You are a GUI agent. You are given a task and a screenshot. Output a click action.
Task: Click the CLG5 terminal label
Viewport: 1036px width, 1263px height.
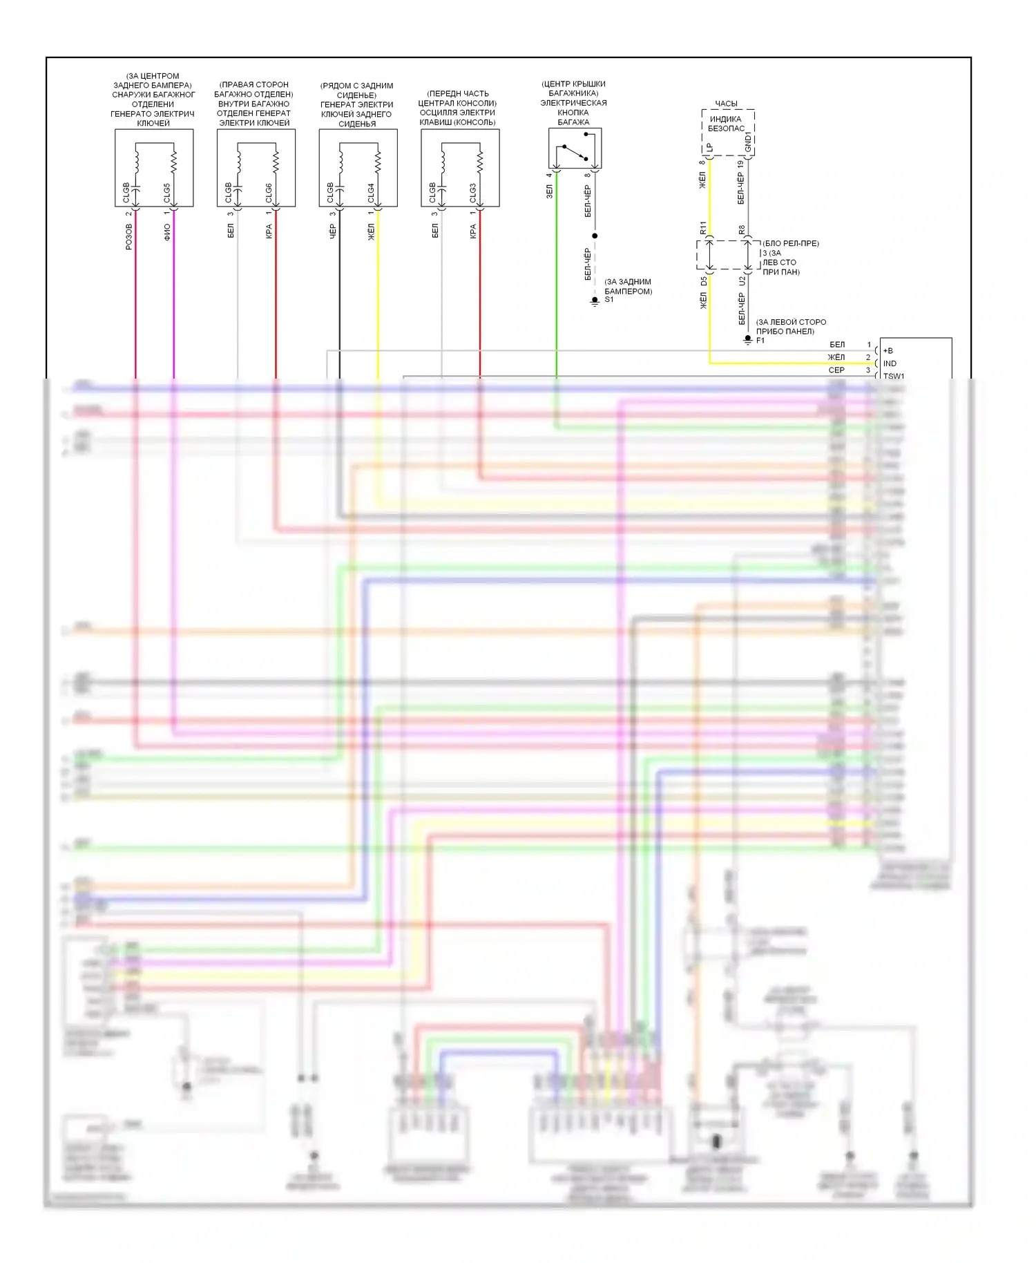pos(166,193)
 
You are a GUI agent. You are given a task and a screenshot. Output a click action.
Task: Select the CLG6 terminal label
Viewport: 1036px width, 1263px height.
pos(269,193)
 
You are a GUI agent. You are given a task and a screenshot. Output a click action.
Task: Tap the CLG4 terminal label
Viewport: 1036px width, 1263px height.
pos(371,193)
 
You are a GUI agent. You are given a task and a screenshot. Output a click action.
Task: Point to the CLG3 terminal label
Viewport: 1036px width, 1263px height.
pos(473,193)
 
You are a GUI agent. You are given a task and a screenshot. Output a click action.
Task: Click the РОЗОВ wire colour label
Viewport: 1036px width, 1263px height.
pos(128,236)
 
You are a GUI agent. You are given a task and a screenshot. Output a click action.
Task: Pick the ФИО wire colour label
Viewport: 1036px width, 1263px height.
pos(166,231)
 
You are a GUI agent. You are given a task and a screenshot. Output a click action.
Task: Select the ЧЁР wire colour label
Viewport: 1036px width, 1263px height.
pos(332,231)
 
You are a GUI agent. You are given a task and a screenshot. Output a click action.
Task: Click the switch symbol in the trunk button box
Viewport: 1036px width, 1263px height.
pos(575,153)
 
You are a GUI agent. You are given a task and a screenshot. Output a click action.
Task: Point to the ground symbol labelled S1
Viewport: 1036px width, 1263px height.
pos(595,301)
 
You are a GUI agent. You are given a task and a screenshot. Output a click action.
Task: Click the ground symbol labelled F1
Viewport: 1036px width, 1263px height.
pos(747,339)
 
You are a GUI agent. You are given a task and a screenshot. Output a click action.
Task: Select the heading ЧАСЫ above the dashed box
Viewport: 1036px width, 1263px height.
pos(726,104)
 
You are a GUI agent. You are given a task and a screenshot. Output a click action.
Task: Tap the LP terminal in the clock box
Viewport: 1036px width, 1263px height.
pos(709,148)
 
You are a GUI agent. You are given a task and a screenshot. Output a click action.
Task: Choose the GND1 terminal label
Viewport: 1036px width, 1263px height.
pos(748,142)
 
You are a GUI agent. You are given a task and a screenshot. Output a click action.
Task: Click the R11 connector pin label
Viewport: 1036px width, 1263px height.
pos(703,227)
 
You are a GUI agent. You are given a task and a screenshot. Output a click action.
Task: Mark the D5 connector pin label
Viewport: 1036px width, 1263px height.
pos(704,281)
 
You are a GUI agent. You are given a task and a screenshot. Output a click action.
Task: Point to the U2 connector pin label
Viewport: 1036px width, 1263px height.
pos(742,281)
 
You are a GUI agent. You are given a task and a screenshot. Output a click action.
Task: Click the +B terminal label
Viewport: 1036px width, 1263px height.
pos(888,351)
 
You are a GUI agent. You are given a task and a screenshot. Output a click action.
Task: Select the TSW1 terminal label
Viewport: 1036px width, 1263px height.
pos(893,376)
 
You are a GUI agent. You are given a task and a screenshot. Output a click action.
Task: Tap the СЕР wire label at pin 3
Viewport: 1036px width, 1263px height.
pos(836,370)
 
